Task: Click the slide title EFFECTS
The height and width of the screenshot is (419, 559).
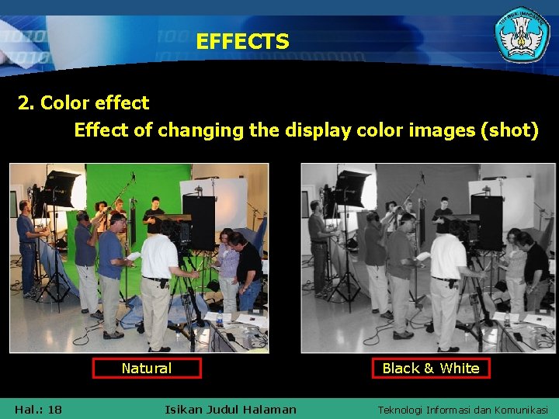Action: (242, 41)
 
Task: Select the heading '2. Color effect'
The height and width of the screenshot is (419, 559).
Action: (84, 102)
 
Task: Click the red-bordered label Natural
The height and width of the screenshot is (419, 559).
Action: (146, 368)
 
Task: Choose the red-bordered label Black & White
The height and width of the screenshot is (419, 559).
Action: (431, 368)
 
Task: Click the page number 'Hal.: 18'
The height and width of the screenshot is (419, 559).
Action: (38, 409)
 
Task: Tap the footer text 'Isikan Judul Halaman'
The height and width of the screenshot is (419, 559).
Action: (231, 409)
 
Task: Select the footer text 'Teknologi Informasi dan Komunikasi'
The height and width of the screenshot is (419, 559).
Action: (463, 410)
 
